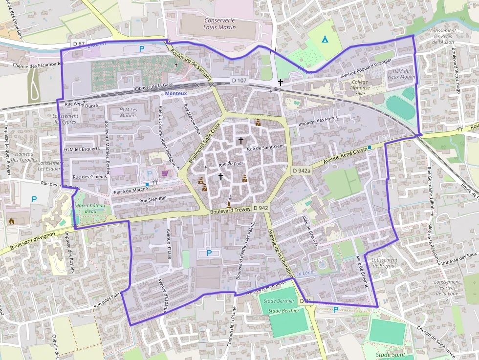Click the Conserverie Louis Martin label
219,24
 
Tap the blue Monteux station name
176,93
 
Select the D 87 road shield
79,44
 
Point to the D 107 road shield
239,80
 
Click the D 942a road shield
301,170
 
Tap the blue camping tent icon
325,39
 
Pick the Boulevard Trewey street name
230,210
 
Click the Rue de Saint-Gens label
265,148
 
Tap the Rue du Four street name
231,164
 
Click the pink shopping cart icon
165,173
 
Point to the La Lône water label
305,273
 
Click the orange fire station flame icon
12,221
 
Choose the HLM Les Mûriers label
129,112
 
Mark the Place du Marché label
131,190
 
